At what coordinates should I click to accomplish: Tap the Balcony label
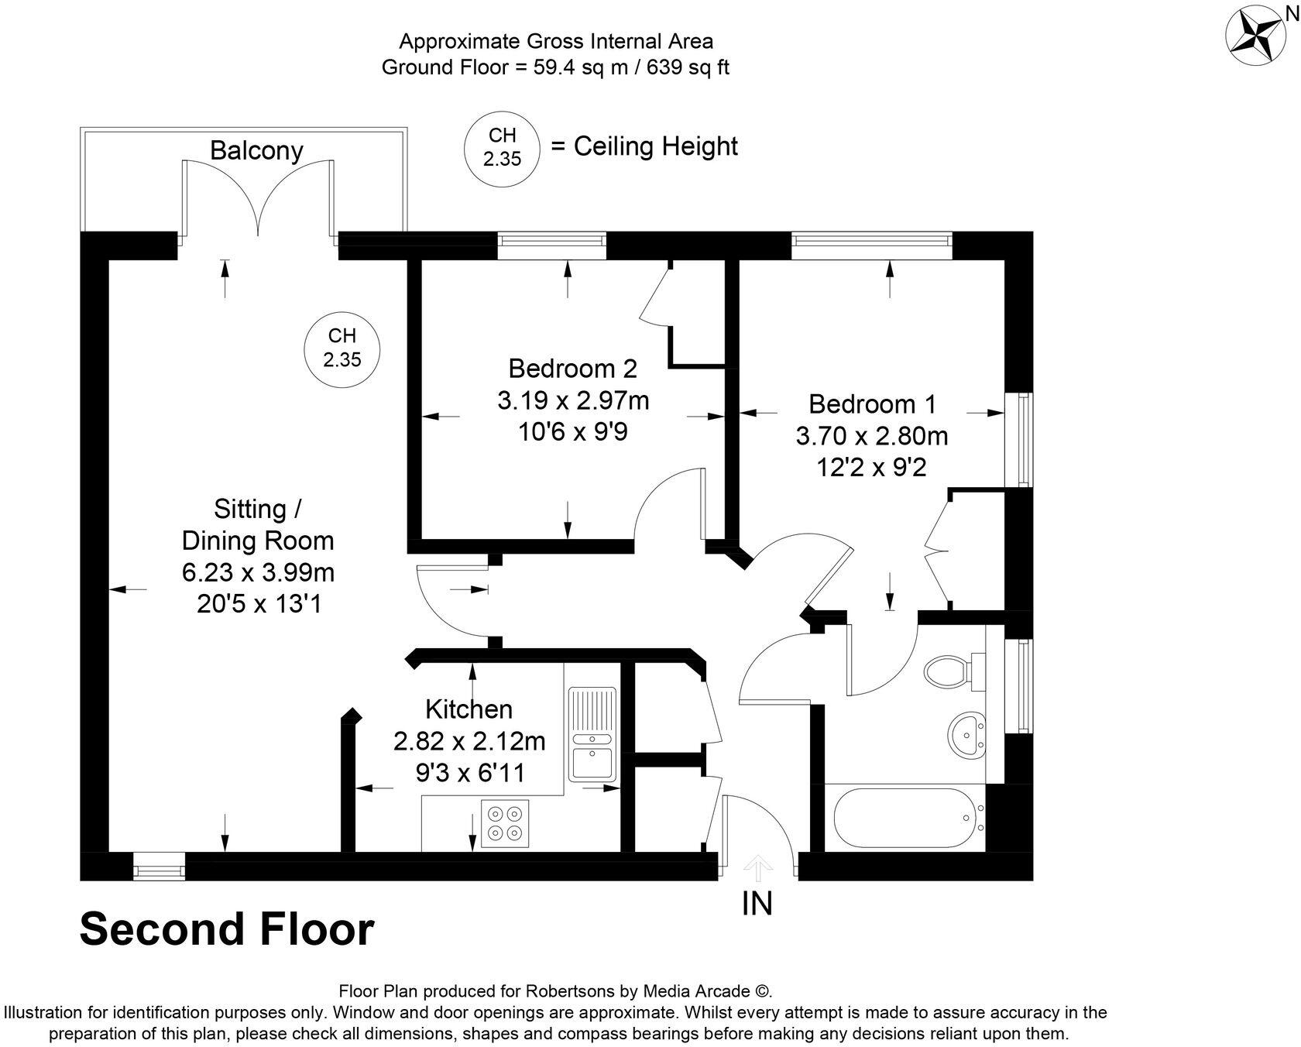[x=256, y=150]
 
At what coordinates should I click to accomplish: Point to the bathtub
[x=903, y=818]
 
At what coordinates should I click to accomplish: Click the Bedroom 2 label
[x=572, y=368]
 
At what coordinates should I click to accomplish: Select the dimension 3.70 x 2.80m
[x=872, y=436]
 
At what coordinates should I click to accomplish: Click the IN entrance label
[x=757, y=903]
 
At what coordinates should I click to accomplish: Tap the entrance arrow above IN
[x=757, y=868]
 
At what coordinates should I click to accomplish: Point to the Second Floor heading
[x=227, y=929]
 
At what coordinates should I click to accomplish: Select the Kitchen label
[x=469, y=709]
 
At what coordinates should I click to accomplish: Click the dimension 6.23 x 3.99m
[x=258, y=572]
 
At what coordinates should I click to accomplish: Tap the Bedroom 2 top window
[x=551, y=245]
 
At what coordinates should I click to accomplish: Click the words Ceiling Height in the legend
[x=655, y=146]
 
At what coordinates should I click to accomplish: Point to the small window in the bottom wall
[x=159, y=867]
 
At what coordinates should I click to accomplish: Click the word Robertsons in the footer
[x=570, y=991]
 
